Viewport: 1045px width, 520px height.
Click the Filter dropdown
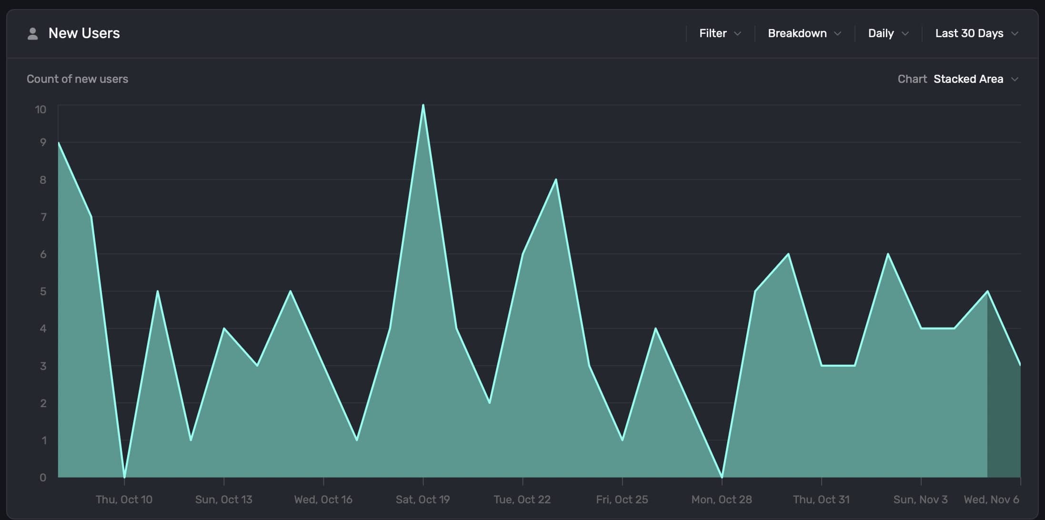point(720,33)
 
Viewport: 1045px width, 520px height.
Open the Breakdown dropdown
point(804,33)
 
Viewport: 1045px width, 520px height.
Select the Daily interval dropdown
point(888,33)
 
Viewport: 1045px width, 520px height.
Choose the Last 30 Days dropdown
point(976,33)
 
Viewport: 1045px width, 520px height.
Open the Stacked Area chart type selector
point(975,79)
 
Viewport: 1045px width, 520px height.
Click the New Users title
point(84,33)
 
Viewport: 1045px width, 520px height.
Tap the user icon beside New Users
point(32,33)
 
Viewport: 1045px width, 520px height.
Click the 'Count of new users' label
point(77,79)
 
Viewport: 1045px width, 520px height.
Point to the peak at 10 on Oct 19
point(423,105)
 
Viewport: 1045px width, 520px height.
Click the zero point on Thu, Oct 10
point(124,477)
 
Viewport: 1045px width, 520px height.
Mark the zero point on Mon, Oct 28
point(722,477)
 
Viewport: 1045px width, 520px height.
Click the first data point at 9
point(59,142)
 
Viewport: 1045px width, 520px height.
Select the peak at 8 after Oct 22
point(556,180)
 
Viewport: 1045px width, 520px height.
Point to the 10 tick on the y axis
point(40,110)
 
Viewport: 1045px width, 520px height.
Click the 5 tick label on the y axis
point(43,291)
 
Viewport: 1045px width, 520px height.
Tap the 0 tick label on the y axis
point(43,478)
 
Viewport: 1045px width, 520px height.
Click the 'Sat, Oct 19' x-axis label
point(422,500)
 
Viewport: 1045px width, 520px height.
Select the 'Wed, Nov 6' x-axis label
point(991,500)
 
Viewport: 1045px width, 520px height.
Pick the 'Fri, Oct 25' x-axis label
point(622,500)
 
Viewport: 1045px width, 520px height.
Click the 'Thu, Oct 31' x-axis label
point(821,500)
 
